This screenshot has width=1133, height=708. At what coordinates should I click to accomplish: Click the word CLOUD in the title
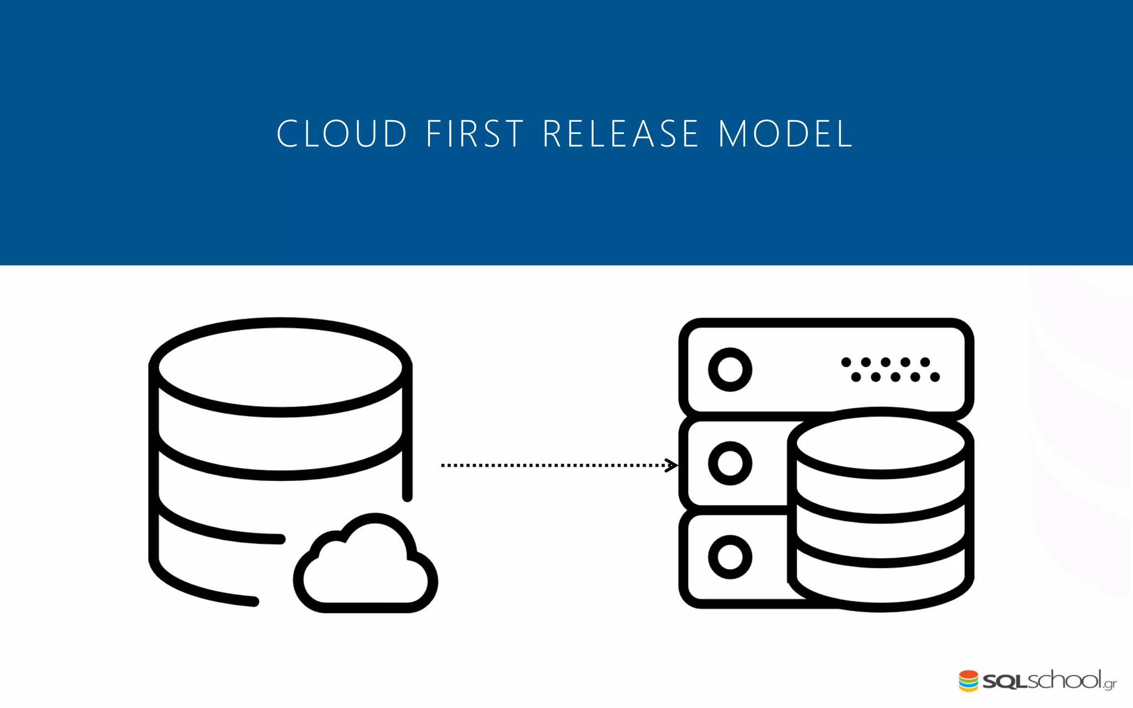(x=342, y=134)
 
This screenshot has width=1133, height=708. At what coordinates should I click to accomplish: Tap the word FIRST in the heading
(x=475, y=134)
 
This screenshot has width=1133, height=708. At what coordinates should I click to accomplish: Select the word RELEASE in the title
(x=621, y=134)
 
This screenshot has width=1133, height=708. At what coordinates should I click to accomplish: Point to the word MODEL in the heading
(x=786, y=134)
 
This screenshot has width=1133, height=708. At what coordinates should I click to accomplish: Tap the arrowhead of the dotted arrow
(x=671, y=465)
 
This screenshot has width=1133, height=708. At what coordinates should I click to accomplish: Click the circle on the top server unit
(x=730, y=369)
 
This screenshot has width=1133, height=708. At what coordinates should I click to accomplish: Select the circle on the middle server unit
(x=730, y=463)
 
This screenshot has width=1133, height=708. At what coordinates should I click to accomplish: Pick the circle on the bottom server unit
(x=730, y=556)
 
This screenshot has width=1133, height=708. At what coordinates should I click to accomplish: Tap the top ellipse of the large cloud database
(x=280, y=367)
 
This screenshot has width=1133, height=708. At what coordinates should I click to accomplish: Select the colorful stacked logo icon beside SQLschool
(x=968, y=681)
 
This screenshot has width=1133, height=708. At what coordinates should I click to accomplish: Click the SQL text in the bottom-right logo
(x=1005, y=681)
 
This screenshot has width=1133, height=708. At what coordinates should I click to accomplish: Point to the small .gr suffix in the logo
(x=1110, y=684)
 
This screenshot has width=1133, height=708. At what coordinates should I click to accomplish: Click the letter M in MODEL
(x=732, y=134)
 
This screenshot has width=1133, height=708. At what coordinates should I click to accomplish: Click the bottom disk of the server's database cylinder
(x=881, y=586)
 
